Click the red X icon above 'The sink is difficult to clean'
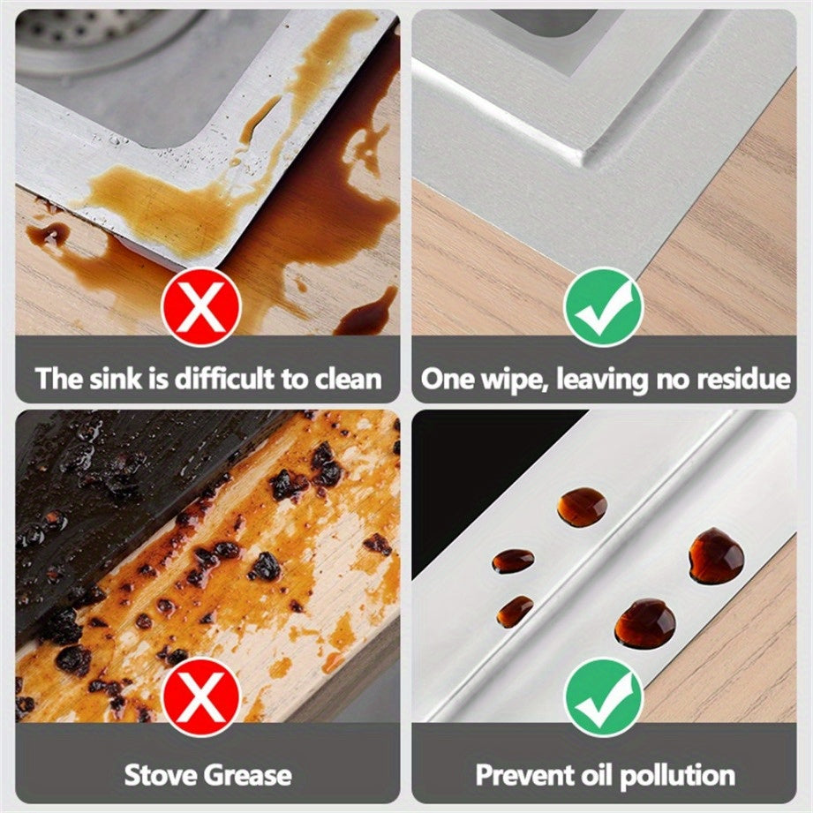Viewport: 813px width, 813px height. [x=201, y=307]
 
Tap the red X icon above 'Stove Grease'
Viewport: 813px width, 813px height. [x=201, y=696]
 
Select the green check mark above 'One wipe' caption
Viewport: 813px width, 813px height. [x=604, y=307]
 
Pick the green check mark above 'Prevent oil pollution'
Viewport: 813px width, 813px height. [x=604, y=696]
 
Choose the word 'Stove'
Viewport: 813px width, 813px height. [x=160, y=775]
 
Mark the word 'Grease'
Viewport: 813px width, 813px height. [x=247, y=775]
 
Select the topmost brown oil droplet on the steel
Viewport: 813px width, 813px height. [x=582, y=507]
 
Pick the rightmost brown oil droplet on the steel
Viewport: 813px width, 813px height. [x=716, y=556]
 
